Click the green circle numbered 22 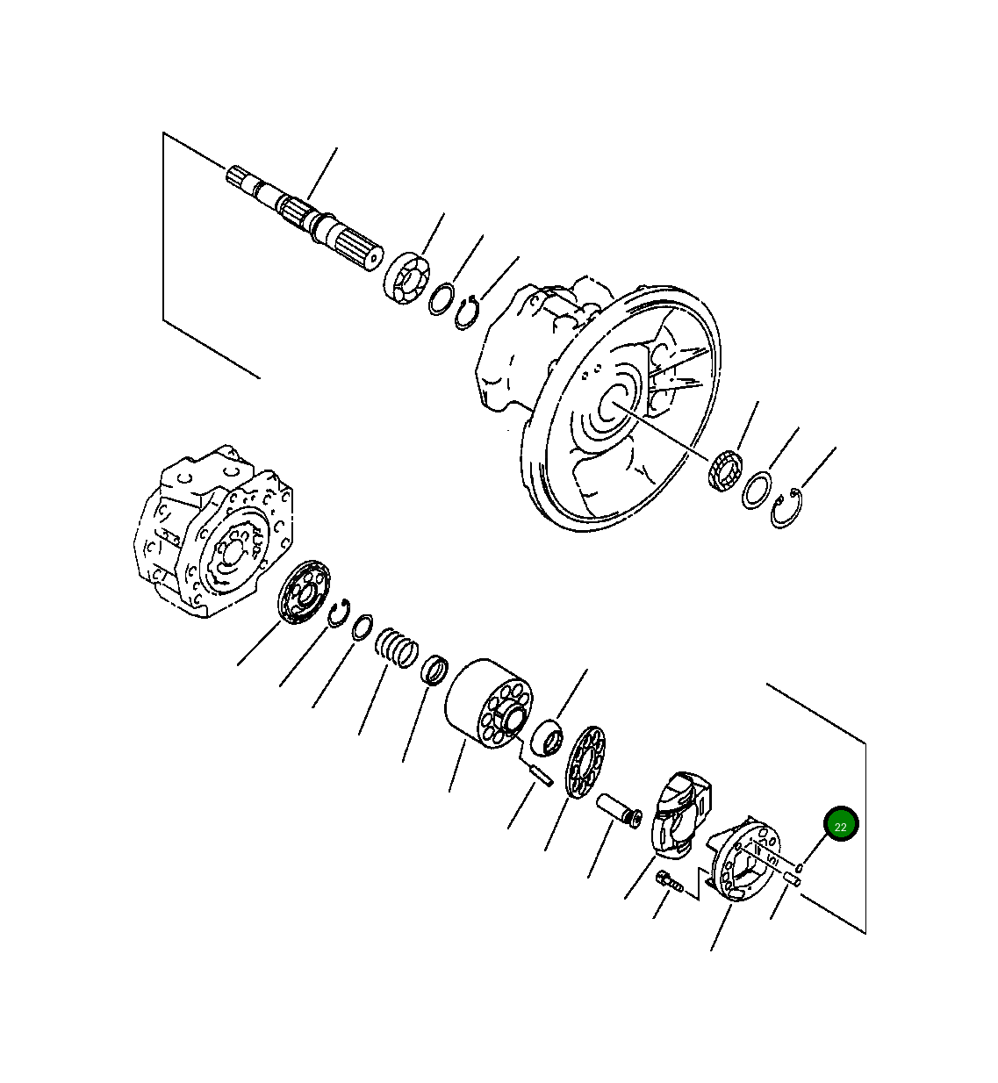(840, 825)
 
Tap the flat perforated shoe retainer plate (586, 763)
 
